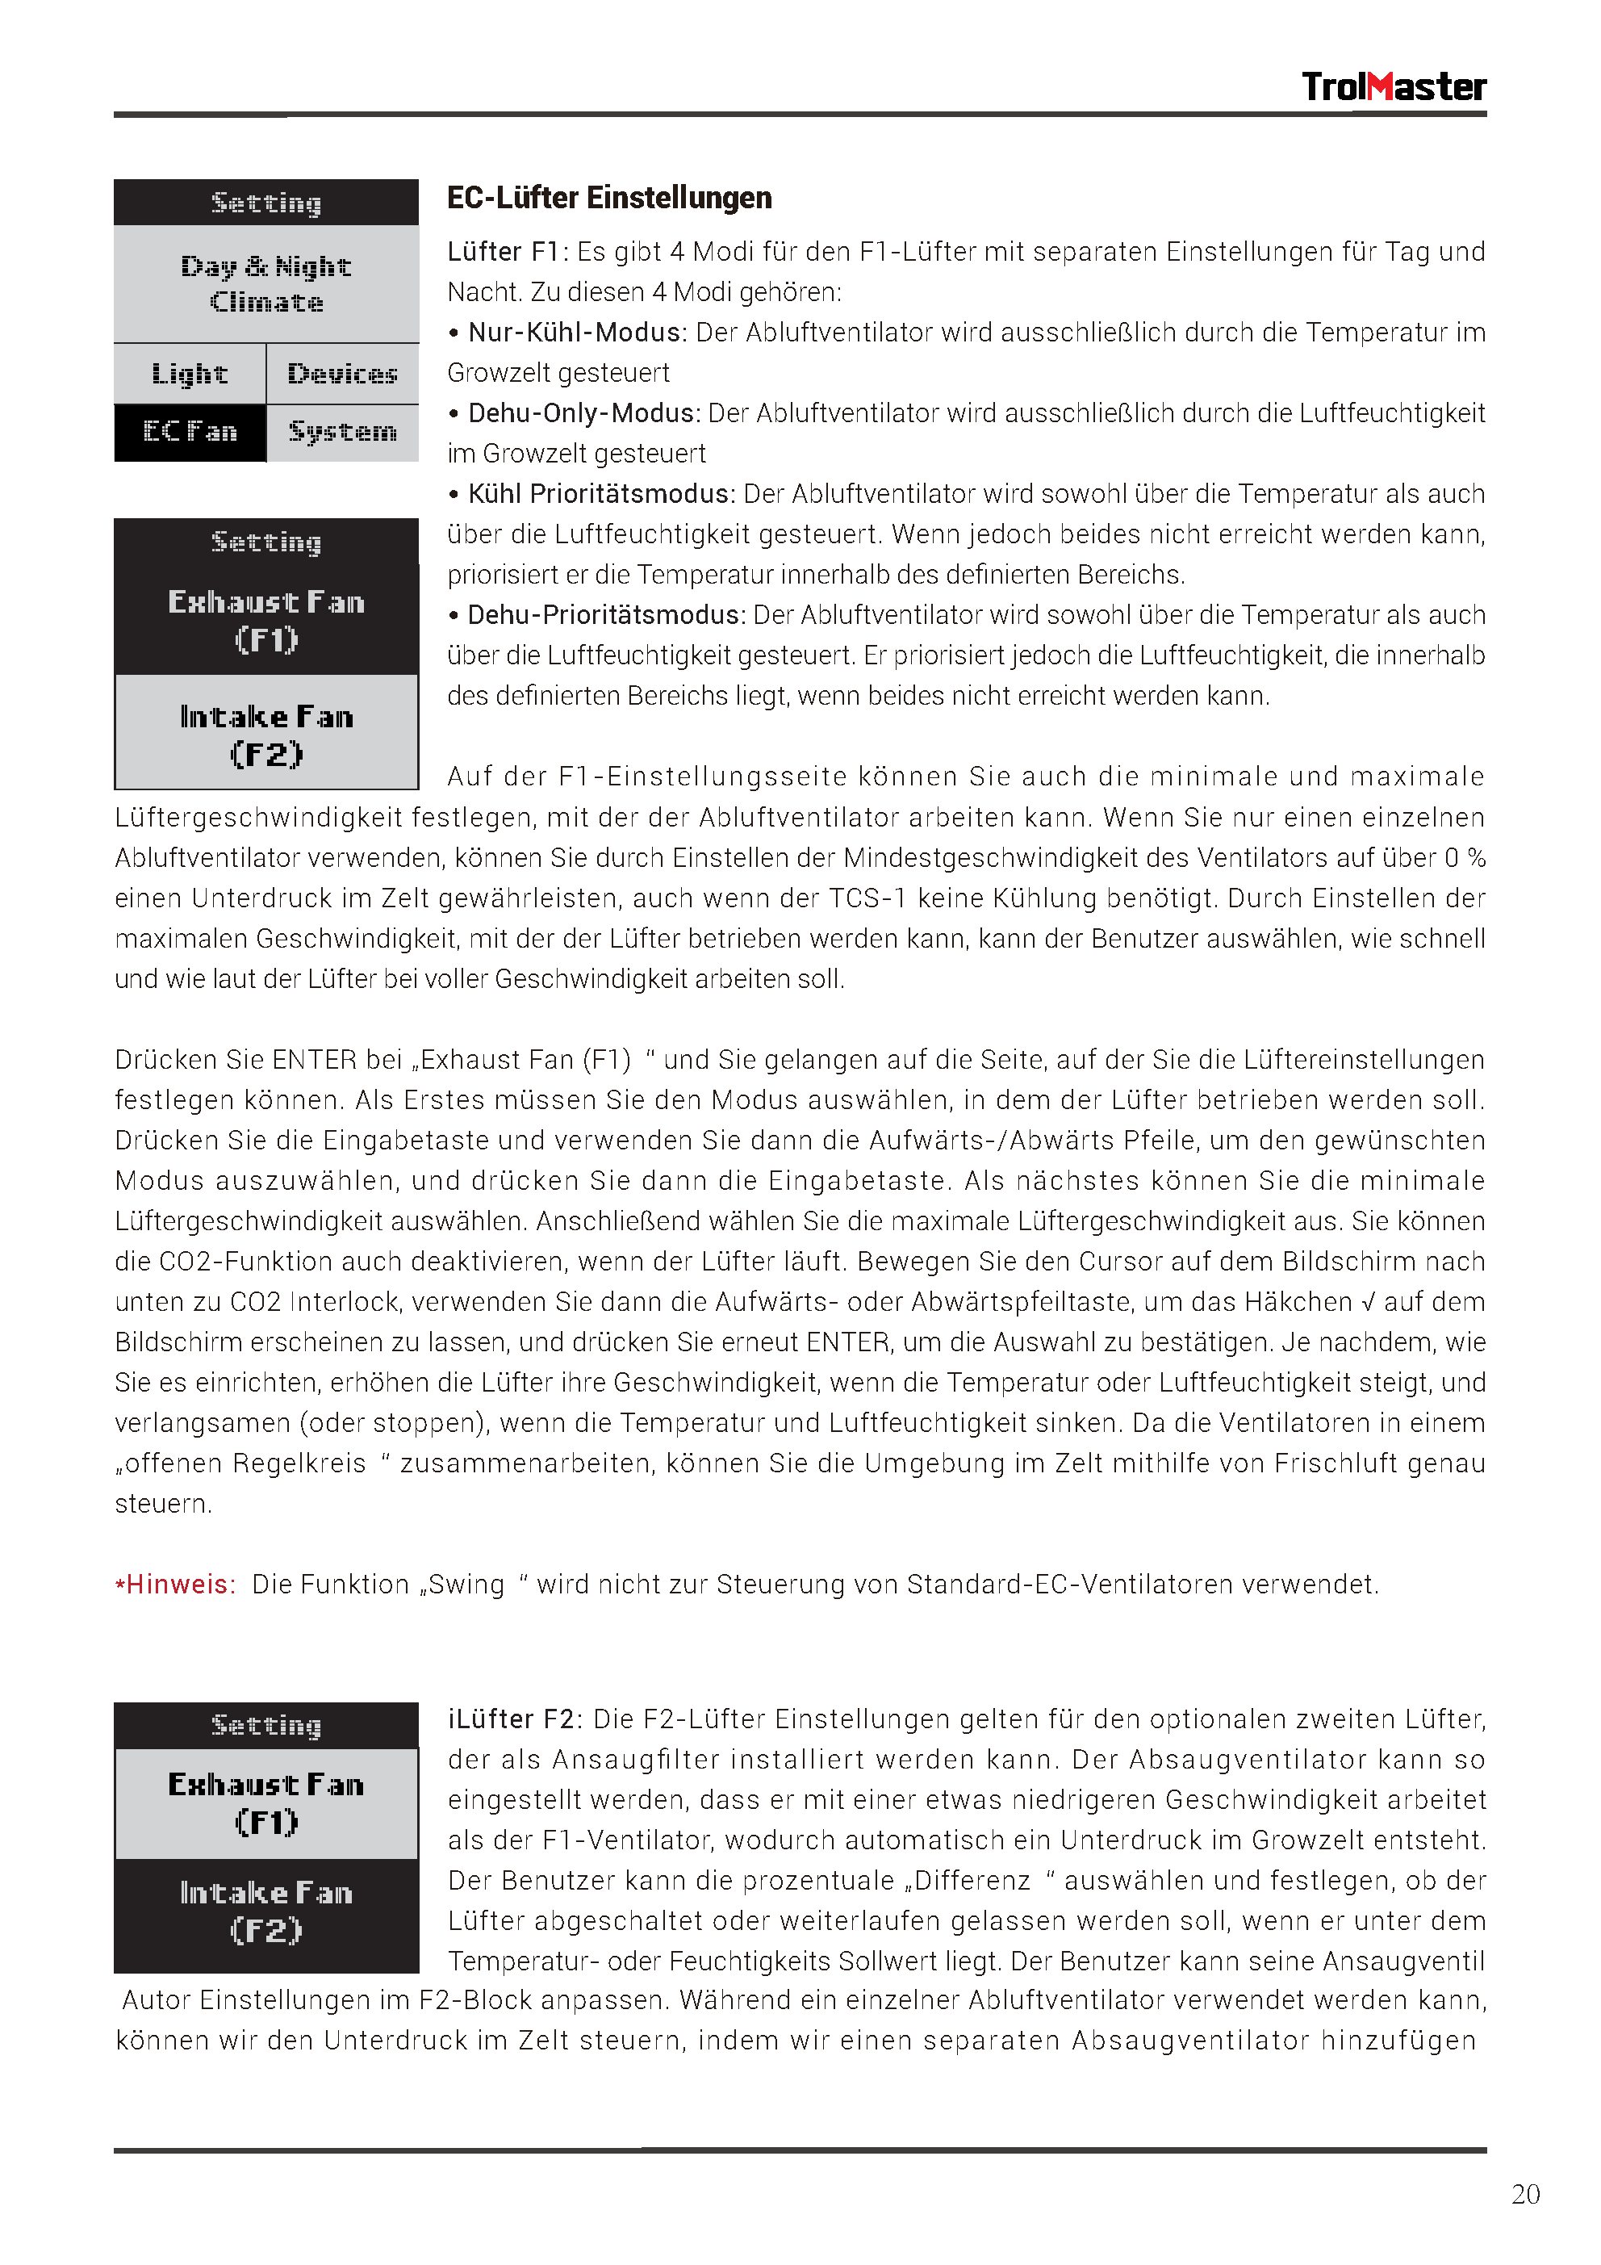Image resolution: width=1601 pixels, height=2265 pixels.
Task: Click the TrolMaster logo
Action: point(1392,87)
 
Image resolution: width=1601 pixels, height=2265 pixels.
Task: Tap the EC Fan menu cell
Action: point(190,432)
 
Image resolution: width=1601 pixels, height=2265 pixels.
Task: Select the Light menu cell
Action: point(190,374)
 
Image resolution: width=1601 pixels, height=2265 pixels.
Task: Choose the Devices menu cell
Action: point(342,374)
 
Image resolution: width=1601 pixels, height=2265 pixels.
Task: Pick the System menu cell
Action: point(342,432)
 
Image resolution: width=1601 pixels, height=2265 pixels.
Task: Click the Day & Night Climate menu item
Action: point(266,284)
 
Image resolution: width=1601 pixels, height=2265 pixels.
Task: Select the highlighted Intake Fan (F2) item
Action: point(266,1911)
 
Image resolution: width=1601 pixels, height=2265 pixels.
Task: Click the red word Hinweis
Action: point(179,1585)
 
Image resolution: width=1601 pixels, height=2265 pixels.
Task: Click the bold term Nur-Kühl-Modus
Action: point(575,333)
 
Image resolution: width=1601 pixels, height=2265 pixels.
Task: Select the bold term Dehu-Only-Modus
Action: point(583,413)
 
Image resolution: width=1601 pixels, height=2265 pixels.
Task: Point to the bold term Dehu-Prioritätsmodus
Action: point(604,616)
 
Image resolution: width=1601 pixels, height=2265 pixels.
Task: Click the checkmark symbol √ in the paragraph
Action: point(1366,1302)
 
